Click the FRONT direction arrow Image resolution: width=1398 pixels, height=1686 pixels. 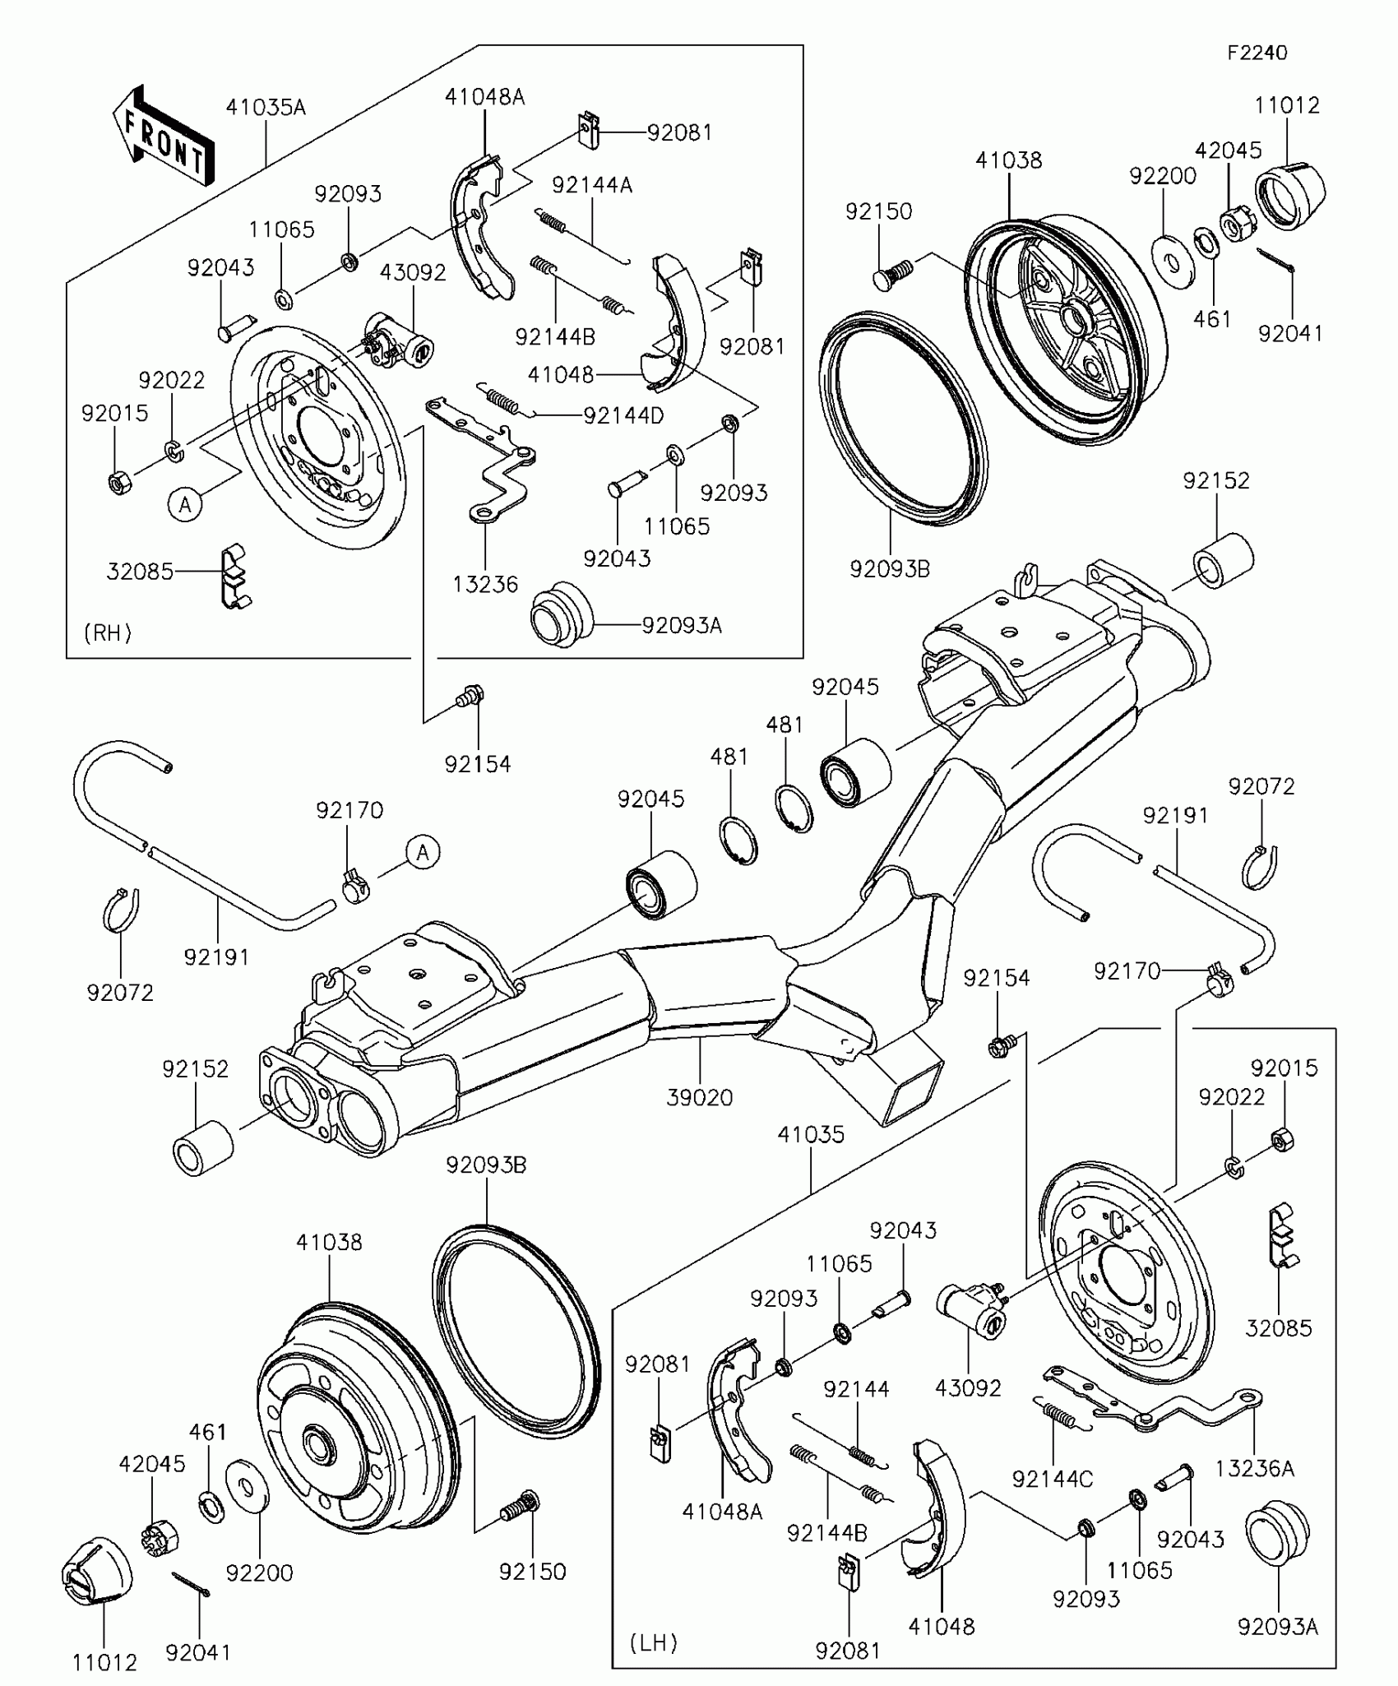[163, 136]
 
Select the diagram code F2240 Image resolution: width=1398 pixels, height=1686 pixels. [1257, 53]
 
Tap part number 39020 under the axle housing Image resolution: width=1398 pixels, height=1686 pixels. [699, 1097]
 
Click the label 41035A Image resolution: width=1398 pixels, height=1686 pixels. [266, 107]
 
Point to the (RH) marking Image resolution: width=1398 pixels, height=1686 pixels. [108, 632]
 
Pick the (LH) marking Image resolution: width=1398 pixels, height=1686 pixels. [654, 1643]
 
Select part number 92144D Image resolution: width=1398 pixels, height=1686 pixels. [623, 415]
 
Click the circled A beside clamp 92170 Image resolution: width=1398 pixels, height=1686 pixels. [423, 852]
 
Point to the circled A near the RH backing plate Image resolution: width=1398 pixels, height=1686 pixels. [185, 504]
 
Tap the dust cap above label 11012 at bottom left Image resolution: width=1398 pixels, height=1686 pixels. [97, 1572]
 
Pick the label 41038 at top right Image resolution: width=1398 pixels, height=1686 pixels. [1009, 160]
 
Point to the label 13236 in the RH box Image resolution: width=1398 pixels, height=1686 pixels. [485, 584]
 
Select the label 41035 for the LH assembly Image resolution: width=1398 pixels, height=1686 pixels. [811, 1134]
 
